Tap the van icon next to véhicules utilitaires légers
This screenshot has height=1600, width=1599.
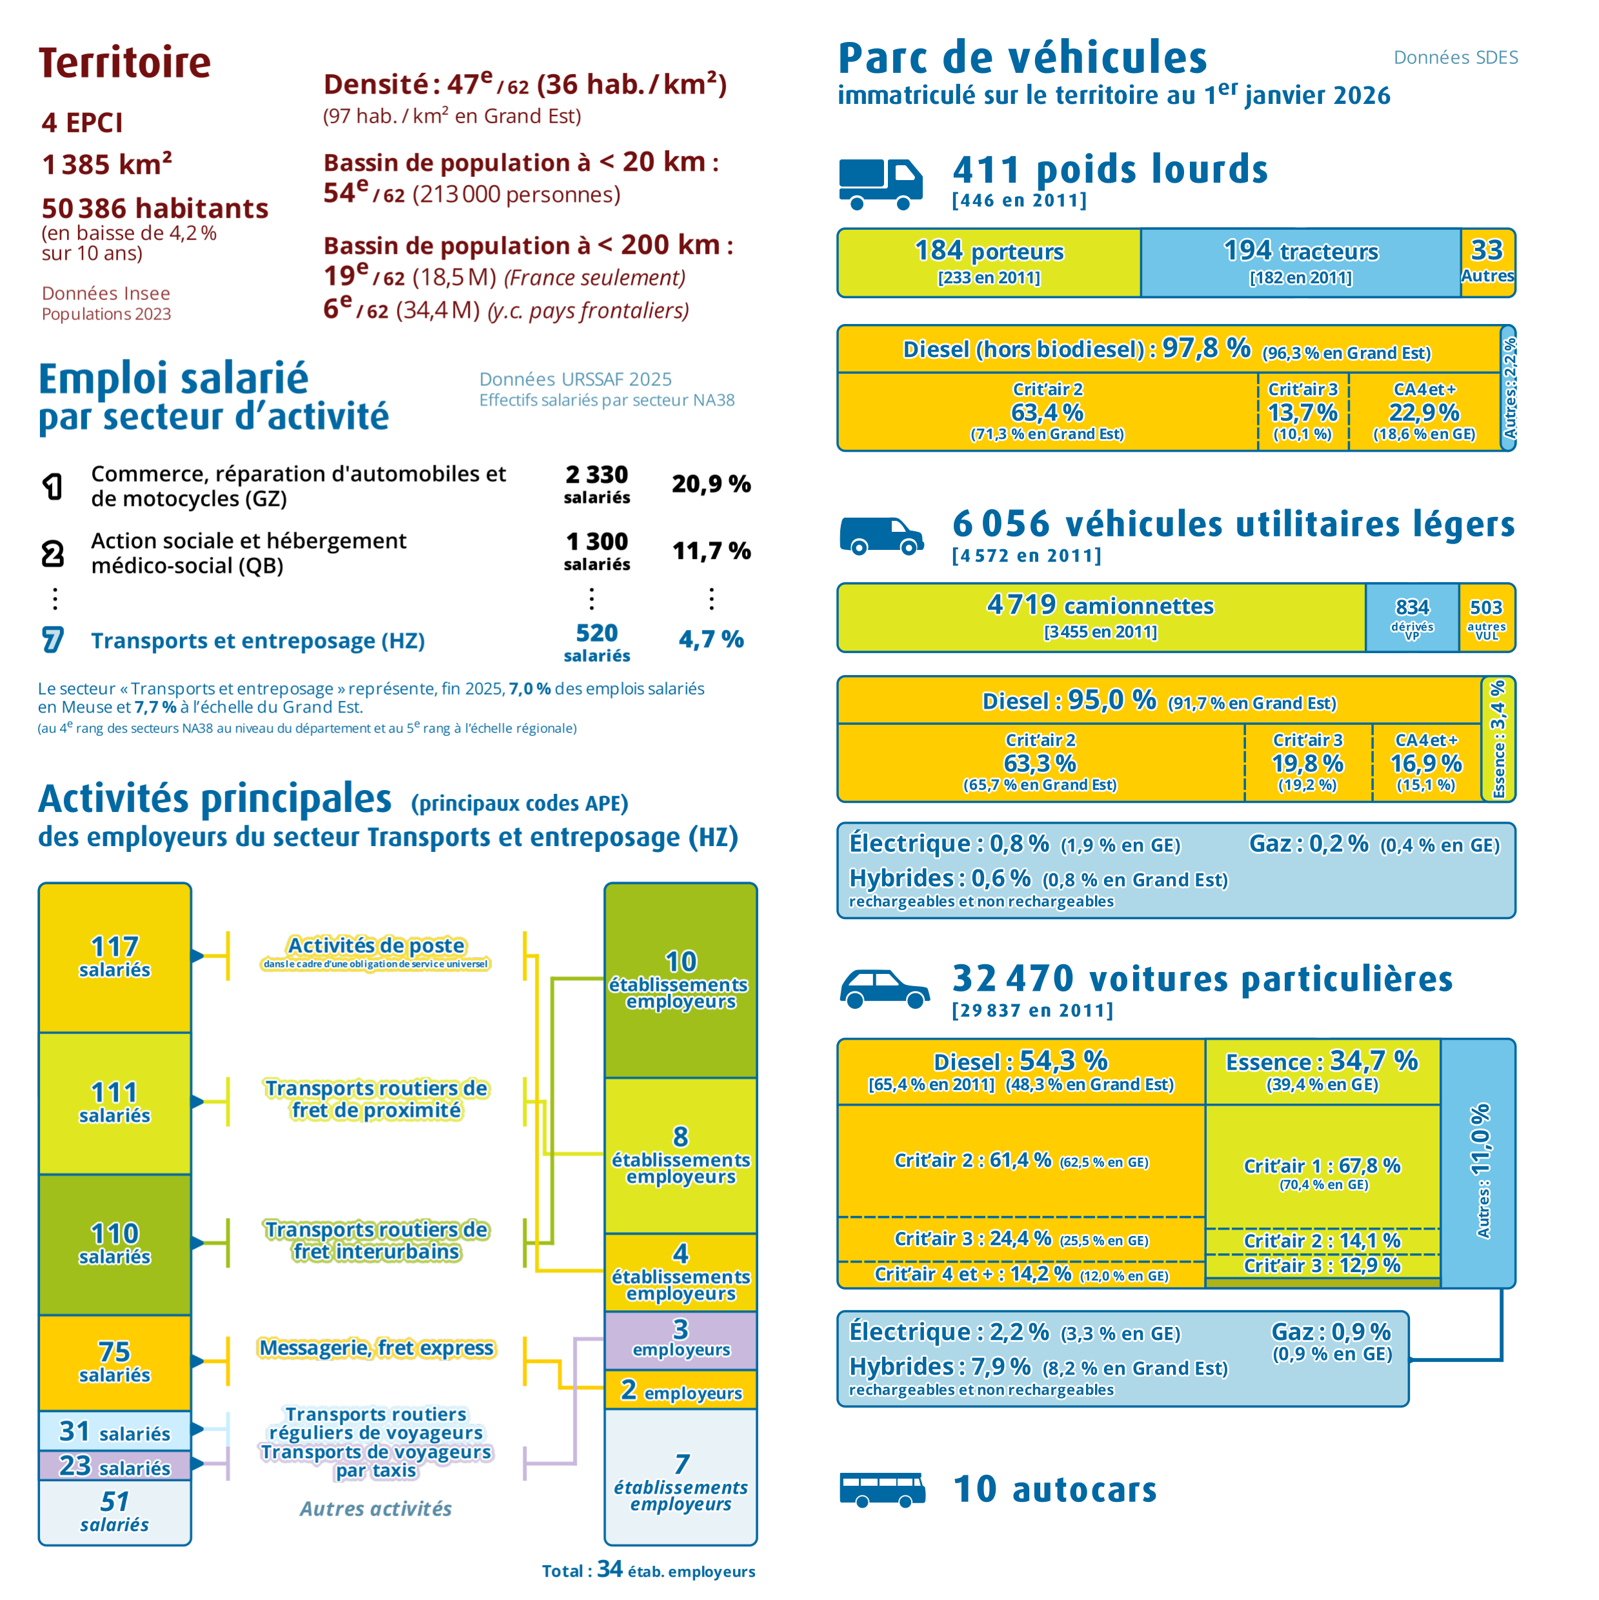881,535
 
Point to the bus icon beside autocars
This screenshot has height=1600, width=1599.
882,1489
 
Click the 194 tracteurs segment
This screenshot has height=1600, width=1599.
1300,263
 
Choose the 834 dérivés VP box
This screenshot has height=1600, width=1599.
1412,618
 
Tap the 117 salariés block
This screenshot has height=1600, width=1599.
115,957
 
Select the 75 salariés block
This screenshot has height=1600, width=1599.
115,1362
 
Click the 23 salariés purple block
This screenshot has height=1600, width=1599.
115,1466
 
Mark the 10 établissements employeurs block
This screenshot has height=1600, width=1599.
681,980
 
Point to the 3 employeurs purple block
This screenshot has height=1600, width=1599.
681,1340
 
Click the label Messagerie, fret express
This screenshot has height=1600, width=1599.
377,1348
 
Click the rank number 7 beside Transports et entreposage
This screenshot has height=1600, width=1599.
52,640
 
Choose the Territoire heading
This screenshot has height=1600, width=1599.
125,63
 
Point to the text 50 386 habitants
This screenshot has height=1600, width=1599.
155,208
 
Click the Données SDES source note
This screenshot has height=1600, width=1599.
1456,57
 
